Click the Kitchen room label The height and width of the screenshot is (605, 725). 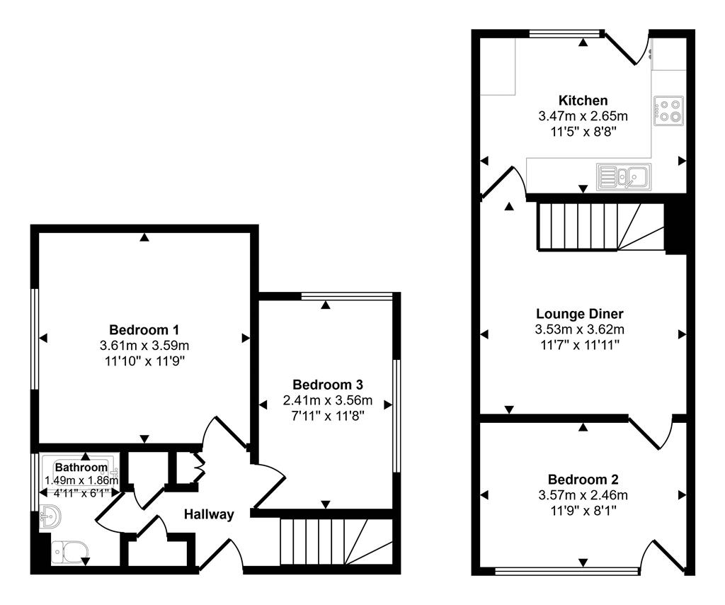pos(583,101)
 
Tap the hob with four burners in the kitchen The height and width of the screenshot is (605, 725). pos(669,109)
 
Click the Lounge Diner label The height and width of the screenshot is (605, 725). pos(580,314)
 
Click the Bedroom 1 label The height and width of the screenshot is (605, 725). pos(144,330)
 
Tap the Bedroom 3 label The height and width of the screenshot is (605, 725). pos(328,385)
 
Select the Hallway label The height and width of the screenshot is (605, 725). pos(209,514)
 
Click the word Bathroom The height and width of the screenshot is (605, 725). pos(81,468)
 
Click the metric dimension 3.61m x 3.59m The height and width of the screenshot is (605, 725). pos(144,346)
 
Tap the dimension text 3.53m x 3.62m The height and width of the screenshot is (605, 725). pos(580,329)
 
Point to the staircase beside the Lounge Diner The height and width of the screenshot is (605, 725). pos(600,226)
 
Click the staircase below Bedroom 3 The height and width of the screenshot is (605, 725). pos(336,541)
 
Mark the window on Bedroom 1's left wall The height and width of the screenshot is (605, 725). pos(34,338)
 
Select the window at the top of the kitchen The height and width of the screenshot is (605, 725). pos(565,33)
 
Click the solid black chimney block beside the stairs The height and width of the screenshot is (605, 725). pos(676,227)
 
